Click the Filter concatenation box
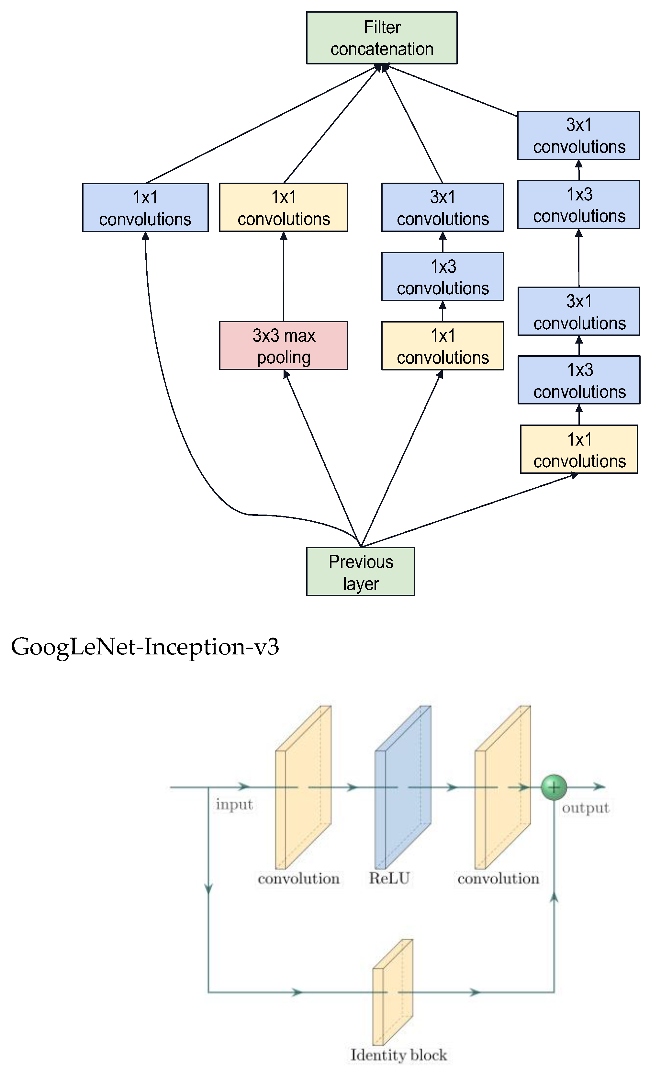(381, 38)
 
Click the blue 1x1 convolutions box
(145, 208)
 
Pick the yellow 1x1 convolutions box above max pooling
(284, 207)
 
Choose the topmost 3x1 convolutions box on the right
(578, 135)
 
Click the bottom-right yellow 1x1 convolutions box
(578, 449)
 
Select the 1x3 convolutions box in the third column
(442, 277)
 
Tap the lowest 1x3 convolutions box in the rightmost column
(578, 380)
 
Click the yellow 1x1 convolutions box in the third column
(442, 346)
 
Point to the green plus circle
(554, 787)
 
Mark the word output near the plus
(585, 808)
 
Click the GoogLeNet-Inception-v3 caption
(145, 646)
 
